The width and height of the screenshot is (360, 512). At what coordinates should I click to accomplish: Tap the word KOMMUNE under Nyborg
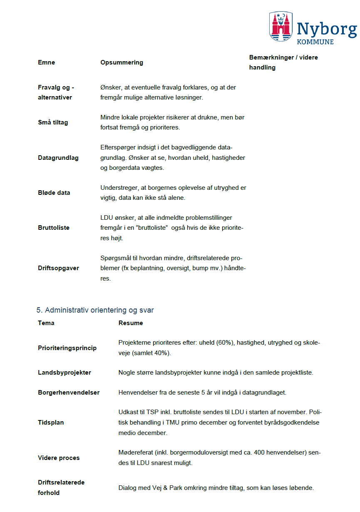tap(315, 42)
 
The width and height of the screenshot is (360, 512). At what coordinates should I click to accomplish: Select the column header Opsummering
tap(122, 62)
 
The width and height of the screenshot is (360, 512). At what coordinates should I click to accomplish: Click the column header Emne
tap(46, 62)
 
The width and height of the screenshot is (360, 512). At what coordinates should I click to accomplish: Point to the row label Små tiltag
tap(53, 122)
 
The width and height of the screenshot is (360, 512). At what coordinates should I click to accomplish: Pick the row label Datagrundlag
tap(58, 158)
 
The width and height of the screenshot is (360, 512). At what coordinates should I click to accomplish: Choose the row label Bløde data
tap(54, 193)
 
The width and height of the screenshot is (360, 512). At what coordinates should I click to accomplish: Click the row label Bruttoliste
tap(54, 228)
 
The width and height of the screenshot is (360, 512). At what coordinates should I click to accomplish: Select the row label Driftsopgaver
tap(58, 268)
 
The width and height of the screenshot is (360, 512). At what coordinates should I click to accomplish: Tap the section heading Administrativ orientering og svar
tap(95, 310)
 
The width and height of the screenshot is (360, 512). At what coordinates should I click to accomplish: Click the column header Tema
tap(46, 323)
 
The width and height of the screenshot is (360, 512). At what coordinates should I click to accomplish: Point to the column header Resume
tap(131, 323)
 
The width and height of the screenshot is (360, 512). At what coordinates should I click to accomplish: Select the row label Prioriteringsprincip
tap(67, 348)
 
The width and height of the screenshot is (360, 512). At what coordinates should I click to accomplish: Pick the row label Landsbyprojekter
tap(65, 373)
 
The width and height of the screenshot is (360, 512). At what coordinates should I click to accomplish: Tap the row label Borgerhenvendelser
tap(69, 393)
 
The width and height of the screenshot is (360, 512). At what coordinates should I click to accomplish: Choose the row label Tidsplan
tap(51, 423)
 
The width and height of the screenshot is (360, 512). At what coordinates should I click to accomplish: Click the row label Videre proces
tap(59, 458)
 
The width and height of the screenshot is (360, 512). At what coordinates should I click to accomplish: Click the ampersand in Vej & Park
tap(161, 487)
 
